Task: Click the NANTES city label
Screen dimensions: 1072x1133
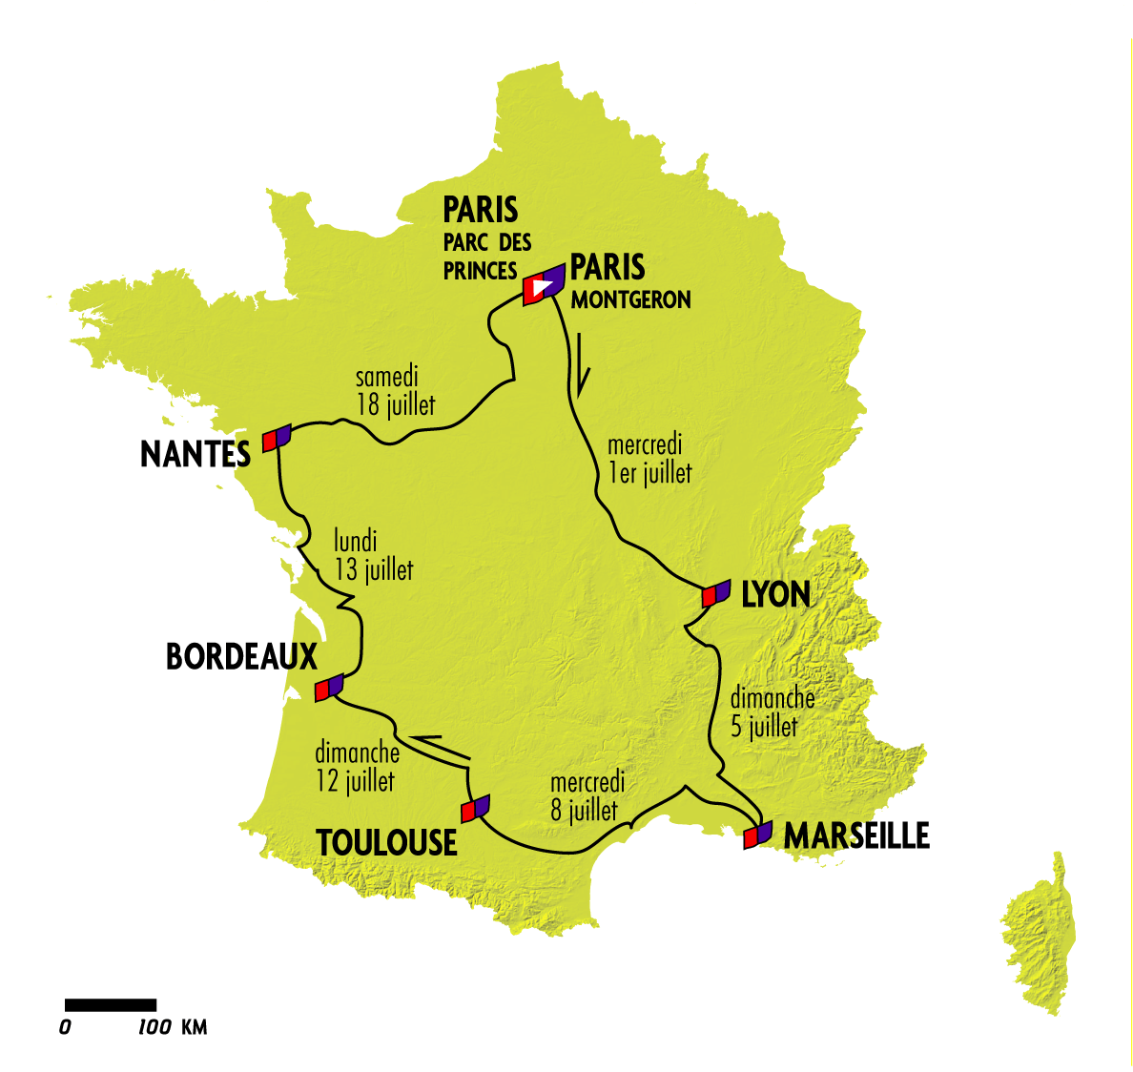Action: point(196,454)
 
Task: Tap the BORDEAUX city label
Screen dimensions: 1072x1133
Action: point(241,657)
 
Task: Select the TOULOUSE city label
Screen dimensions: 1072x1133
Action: point(386,843)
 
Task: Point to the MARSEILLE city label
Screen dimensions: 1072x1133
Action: point(856,835)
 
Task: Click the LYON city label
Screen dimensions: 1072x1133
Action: point(775,595)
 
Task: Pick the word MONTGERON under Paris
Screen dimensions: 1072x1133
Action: point(630,299)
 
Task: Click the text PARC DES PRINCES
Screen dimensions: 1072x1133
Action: point(486,257)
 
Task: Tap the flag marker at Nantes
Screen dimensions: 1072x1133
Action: point(277,437)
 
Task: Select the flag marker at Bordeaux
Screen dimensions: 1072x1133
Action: point(329,686)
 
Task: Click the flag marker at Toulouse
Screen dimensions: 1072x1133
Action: point(475,809)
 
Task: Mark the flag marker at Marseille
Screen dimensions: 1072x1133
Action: point(757,835)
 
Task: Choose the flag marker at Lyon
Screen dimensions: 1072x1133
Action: point(715,593)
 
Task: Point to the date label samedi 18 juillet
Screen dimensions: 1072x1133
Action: point(395,391)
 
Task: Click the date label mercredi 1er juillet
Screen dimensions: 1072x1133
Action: point(649,459)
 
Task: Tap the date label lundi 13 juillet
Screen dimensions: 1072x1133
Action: point(373,555)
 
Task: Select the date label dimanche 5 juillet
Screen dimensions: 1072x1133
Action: point(772,711)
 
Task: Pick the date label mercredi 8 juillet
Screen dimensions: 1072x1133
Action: point(587,796)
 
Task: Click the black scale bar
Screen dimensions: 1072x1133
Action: point(110,1004)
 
